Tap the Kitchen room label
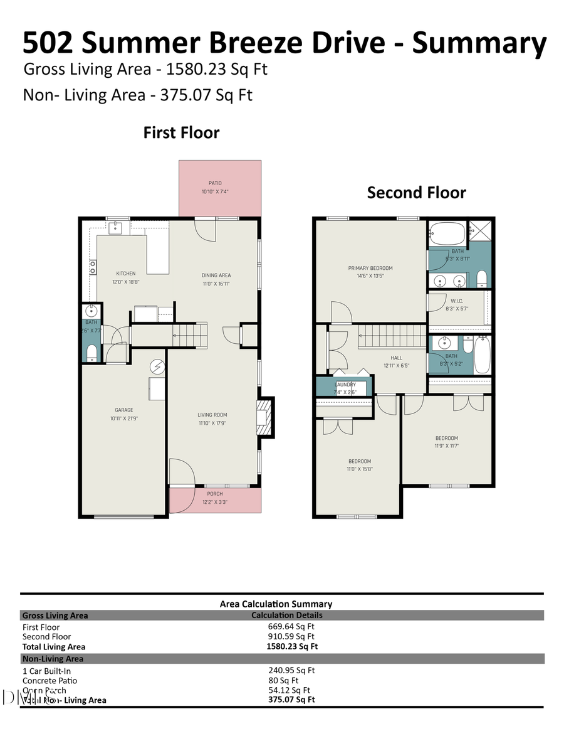(x=126, y=274)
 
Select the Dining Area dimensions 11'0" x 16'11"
(x=216, y=283)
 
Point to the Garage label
(x=123, y=410)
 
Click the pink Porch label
(x=215, y=494)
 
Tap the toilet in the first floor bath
(x=91, y=353)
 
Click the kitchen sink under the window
(x=117, y=227)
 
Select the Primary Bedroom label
(x=370, y=268)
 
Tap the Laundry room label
(x=345, y=385)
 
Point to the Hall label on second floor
(x=396, y=358)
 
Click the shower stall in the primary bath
(x=481, y=230)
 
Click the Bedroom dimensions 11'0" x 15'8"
(x=359, y=469)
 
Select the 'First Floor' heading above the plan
(x=181, y=133)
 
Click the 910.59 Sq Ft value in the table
(x=291, y=636)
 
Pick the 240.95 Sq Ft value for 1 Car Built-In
(x=291, y=670)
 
